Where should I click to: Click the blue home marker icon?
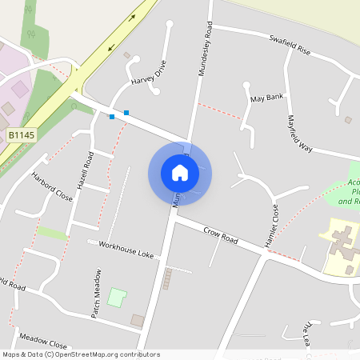tap(180, 172)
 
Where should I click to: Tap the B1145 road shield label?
tap(22, 137)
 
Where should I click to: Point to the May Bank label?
tap(266, 98)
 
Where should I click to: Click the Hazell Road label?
tap(85, 170)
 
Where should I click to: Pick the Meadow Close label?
tap(42, 338)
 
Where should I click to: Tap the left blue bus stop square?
tap(112, 117)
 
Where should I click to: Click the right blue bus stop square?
tap(126, 112)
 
